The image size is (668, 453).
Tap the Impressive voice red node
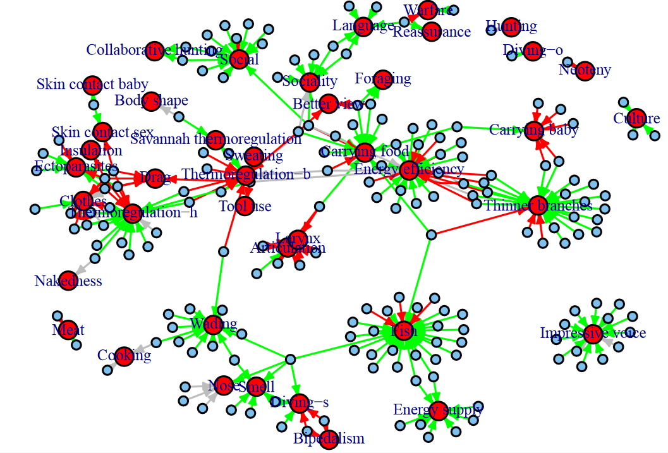(592, 334)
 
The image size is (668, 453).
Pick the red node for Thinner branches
(537, 205)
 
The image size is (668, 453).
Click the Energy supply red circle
(439, 410)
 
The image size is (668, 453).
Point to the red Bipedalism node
(329, 439)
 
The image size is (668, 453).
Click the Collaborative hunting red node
(155, 50)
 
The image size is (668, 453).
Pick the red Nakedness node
(68, 281)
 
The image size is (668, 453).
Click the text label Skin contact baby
(92, 85)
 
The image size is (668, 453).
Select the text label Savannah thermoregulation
(216, 140)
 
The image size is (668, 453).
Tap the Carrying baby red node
(534, 130)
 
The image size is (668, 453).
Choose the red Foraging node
(383, 79)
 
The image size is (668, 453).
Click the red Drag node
(152, 179)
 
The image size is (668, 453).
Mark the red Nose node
(224, 385)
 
